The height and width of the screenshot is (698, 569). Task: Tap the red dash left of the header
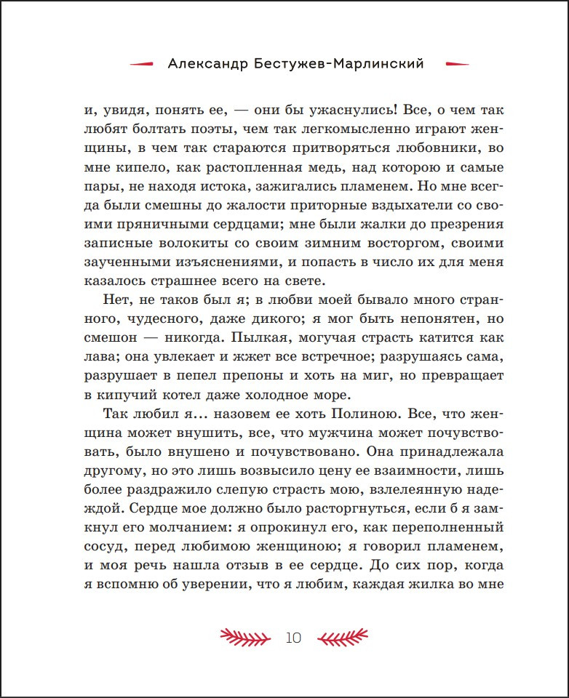click(141, 64)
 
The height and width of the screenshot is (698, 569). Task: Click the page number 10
click(294, 638)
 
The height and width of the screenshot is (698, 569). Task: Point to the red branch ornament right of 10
click(343, 638)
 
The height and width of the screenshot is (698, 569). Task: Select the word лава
click(100, 356)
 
